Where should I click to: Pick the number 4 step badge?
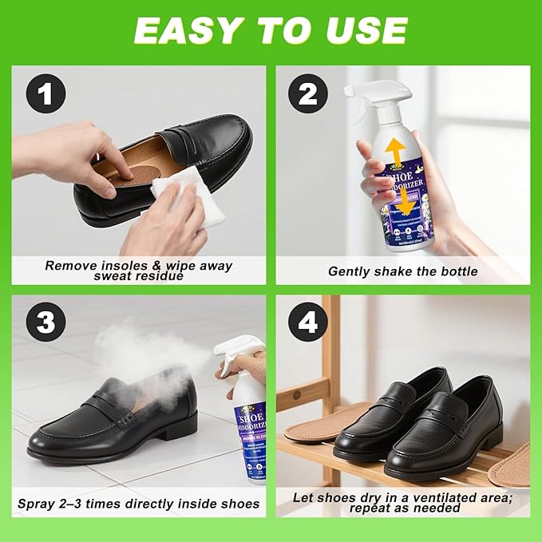(308, 324)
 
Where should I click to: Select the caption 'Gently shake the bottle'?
(403, 271)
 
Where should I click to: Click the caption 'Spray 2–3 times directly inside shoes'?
(139, 504)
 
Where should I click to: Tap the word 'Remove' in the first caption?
(70, 265)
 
